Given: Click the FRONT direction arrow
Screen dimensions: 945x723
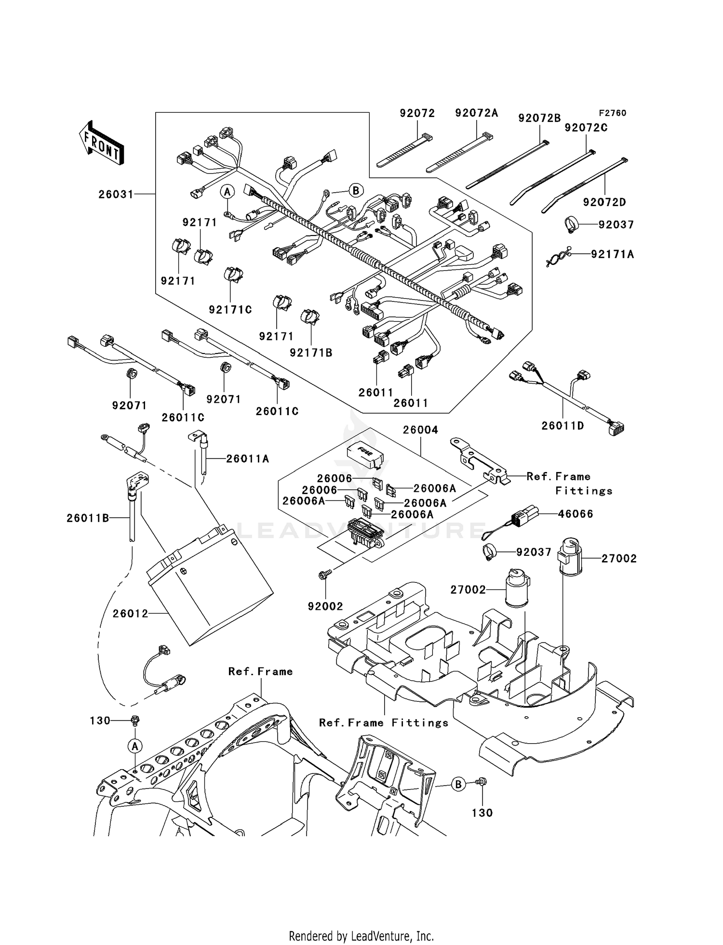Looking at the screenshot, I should tap(102, 143).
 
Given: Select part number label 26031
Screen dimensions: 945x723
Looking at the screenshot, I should tap(115, 194).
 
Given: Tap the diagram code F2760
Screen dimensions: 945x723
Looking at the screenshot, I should tap(612, 113).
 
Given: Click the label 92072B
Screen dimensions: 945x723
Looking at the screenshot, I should tap(539, 118).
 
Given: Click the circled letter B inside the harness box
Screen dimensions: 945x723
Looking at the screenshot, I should tap(355, 190).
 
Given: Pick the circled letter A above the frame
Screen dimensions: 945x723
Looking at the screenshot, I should tap(135, 746).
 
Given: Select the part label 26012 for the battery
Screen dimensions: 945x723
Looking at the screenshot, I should tap(130, 614).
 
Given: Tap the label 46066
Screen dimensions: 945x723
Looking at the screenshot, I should tap(575, 514).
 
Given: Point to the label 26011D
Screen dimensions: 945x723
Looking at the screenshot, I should tap(562, 426).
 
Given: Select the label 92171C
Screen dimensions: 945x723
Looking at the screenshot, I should tap(230, 310).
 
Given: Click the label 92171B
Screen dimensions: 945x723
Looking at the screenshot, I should tap(311, 353).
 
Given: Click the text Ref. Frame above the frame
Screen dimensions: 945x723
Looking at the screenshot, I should tap(260, 671).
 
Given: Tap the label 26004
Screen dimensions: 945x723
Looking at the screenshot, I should tap(420, 430).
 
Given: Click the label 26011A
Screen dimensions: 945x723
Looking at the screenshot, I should tap(247, 459).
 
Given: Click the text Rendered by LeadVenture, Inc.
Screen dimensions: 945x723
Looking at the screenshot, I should tap(361, 936).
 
